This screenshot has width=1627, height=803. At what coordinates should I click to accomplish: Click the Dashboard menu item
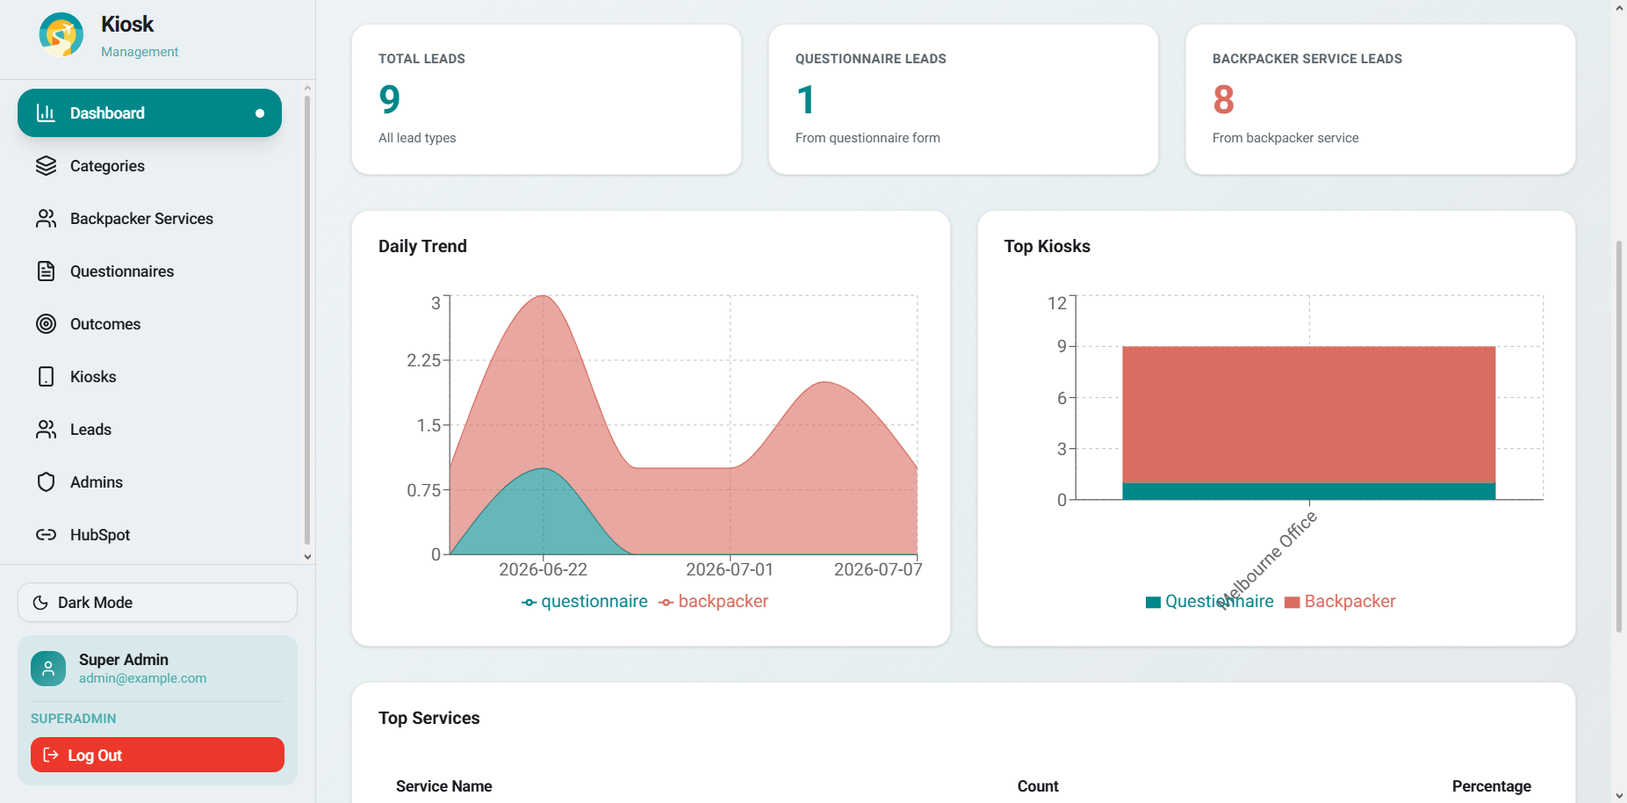point(149,112)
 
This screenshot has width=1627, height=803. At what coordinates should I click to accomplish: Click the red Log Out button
point(157,755)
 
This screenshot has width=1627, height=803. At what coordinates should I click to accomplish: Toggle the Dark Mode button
point(157,603)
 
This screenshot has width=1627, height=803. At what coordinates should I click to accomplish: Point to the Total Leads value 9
point(389,99)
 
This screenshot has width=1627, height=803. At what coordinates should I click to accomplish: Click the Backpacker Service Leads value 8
point(1223,99)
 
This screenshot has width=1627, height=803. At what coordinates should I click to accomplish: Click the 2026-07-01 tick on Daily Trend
point(730,569)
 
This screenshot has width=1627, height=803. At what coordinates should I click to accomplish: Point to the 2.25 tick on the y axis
point(423,360)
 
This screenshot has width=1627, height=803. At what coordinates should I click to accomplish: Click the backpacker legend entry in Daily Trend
point(713,602)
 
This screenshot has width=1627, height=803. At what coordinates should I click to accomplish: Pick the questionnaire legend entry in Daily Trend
point(584,602)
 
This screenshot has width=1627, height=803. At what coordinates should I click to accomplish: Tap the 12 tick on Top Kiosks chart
point(1056,303)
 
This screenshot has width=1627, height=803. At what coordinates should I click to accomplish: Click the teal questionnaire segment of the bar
point(1308,491)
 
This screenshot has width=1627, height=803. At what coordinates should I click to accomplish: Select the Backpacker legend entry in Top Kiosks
point(1340,602)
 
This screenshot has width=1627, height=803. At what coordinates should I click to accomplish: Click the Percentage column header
point(1491,786)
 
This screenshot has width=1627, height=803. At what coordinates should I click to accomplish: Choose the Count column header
point(1038,786)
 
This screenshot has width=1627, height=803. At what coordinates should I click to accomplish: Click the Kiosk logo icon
point(61,35)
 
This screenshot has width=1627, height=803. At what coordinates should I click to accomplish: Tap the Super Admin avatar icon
point(48,669)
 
